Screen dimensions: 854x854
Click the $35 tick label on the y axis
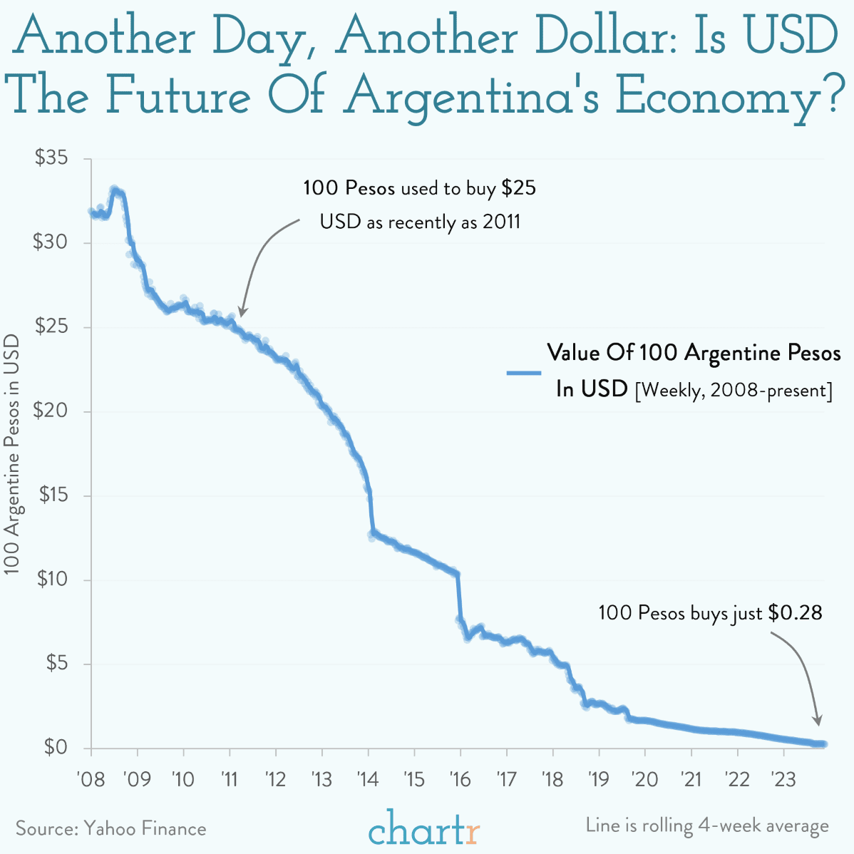point(51,158)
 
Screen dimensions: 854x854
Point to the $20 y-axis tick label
point(51,411)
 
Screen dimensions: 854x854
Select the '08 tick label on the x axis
point(90,778)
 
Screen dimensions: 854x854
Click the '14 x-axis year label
point(368,778)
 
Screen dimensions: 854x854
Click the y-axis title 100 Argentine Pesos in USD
point(13,453)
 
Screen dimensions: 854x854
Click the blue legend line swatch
point(523,372)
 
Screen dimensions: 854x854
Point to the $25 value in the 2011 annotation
point(518,189)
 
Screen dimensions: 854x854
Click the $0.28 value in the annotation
point(796,612)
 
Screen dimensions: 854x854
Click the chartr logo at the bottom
point(425,827)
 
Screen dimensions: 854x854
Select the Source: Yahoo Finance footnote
point(110,828)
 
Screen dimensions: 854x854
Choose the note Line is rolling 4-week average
point(707,825)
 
